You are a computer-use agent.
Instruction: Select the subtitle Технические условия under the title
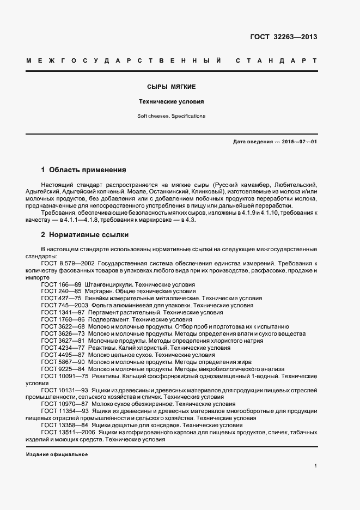(x=172, y=101)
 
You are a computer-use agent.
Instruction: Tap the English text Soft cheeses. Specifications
(x=172, y=116)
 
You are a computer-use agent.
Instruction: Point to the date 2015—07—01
(x=298, y=142)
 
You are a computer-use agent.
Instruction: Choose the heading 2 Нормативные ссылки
(x=84, y=235)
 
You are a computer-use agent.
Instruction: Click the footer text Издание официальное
(x=57, y=454)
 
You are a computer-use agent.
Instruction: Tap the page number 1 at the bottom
(x=316, y=466)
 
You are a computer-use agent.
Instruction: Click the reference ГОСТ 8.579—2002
(x=68, y=263)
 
